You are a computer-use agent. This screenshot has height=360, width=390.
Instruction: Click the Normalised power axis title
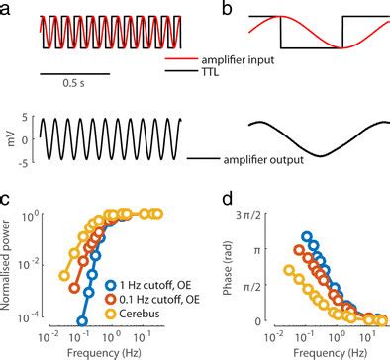pos(9,267)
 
